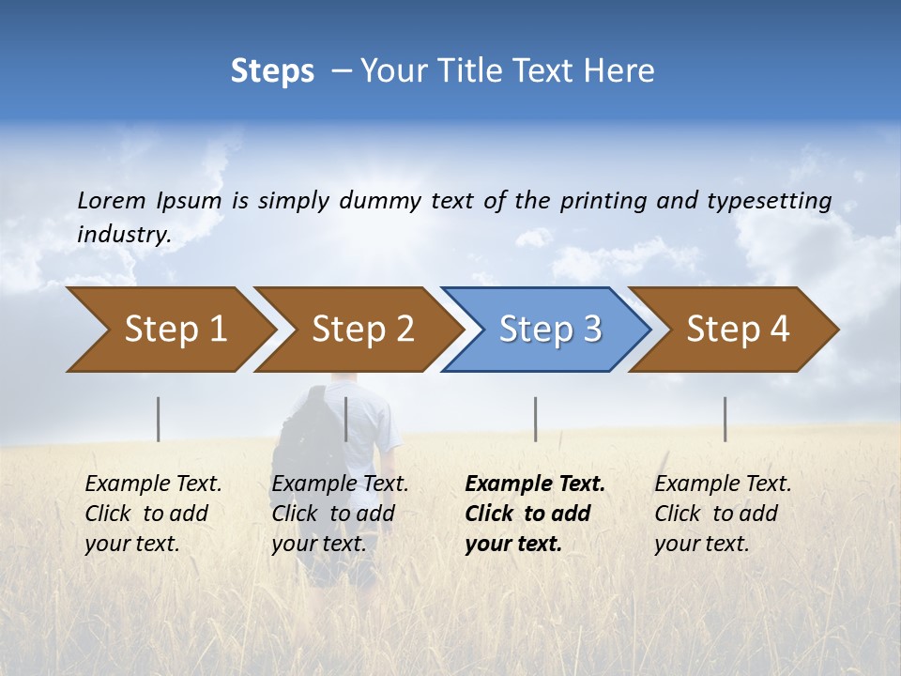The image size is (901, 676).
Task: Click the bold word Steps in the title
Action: pyautogui.click(x=272, y=71)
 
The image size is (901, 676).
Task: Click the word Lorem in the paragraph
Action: pyautogui.click(x=111, y=200)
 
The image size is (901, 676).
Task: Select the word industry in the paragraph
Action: pyautogui.click(x=123, y=235)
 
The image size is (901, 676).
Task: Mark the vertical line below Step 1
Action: pyautogui.click(x=159, y=419)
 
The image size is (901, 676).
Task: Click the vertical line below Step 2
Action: pyautogui.click(x=346, y=419)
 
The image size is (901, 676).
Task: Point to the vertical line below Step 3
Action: pyautogui.click(x=536, y=419)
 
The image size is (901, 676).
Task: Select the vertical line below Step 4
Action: pyautogui.click(x=725, y=419)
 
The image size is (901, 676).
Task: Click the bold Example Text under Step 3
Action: pyautogui.click(x=535, y=484)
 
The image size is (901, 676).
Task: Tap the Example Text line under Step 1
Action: pyautogui.click(x=153, y=484)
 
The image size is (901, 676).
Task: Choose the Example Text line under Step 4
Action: pyautogui.click(x=723, y=484)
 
